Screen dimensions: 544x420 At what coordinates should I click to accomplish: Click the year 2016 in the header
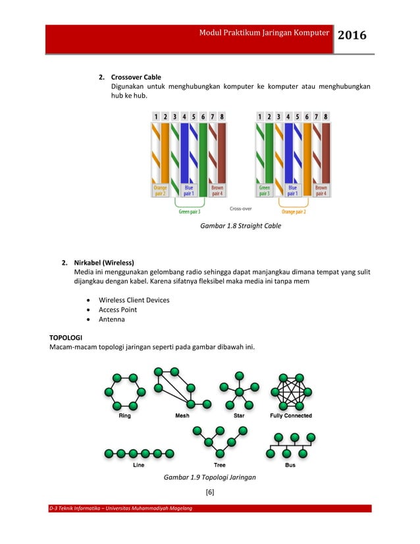(352, 36)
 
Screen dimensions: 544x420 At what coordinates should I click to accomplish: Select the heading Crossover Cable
(136, 77)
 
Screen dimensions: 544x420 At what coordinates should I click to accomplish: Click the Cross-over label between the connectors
(240, 208)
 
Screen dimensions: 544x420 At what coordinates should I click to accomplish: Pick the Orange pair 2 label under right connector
(294, 211)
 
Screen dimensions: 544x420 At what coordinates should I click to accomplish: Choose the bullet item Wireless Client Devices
(134, 300)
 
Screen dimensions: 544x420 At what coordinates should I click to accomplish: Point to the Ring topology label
(124, 416)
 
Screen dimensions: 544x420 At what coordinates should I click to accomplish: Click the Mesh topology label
(182, 416)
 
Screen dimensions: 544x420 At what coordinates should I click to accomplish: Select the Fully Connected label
(291, 416)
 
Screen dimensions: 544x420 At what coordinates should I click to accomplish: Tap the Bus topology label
(290, 465)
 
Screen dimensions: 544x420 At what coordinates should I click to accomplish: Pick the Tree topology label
(219, 465)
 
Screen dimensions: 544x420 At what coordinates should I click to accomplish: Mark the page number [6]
(210, 493)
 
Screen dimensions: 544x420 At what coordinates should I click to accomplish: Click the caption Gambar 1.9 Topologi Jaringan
(210, 477)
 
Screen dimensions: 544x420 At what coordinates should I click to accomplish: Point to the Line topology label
(138, 465)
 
